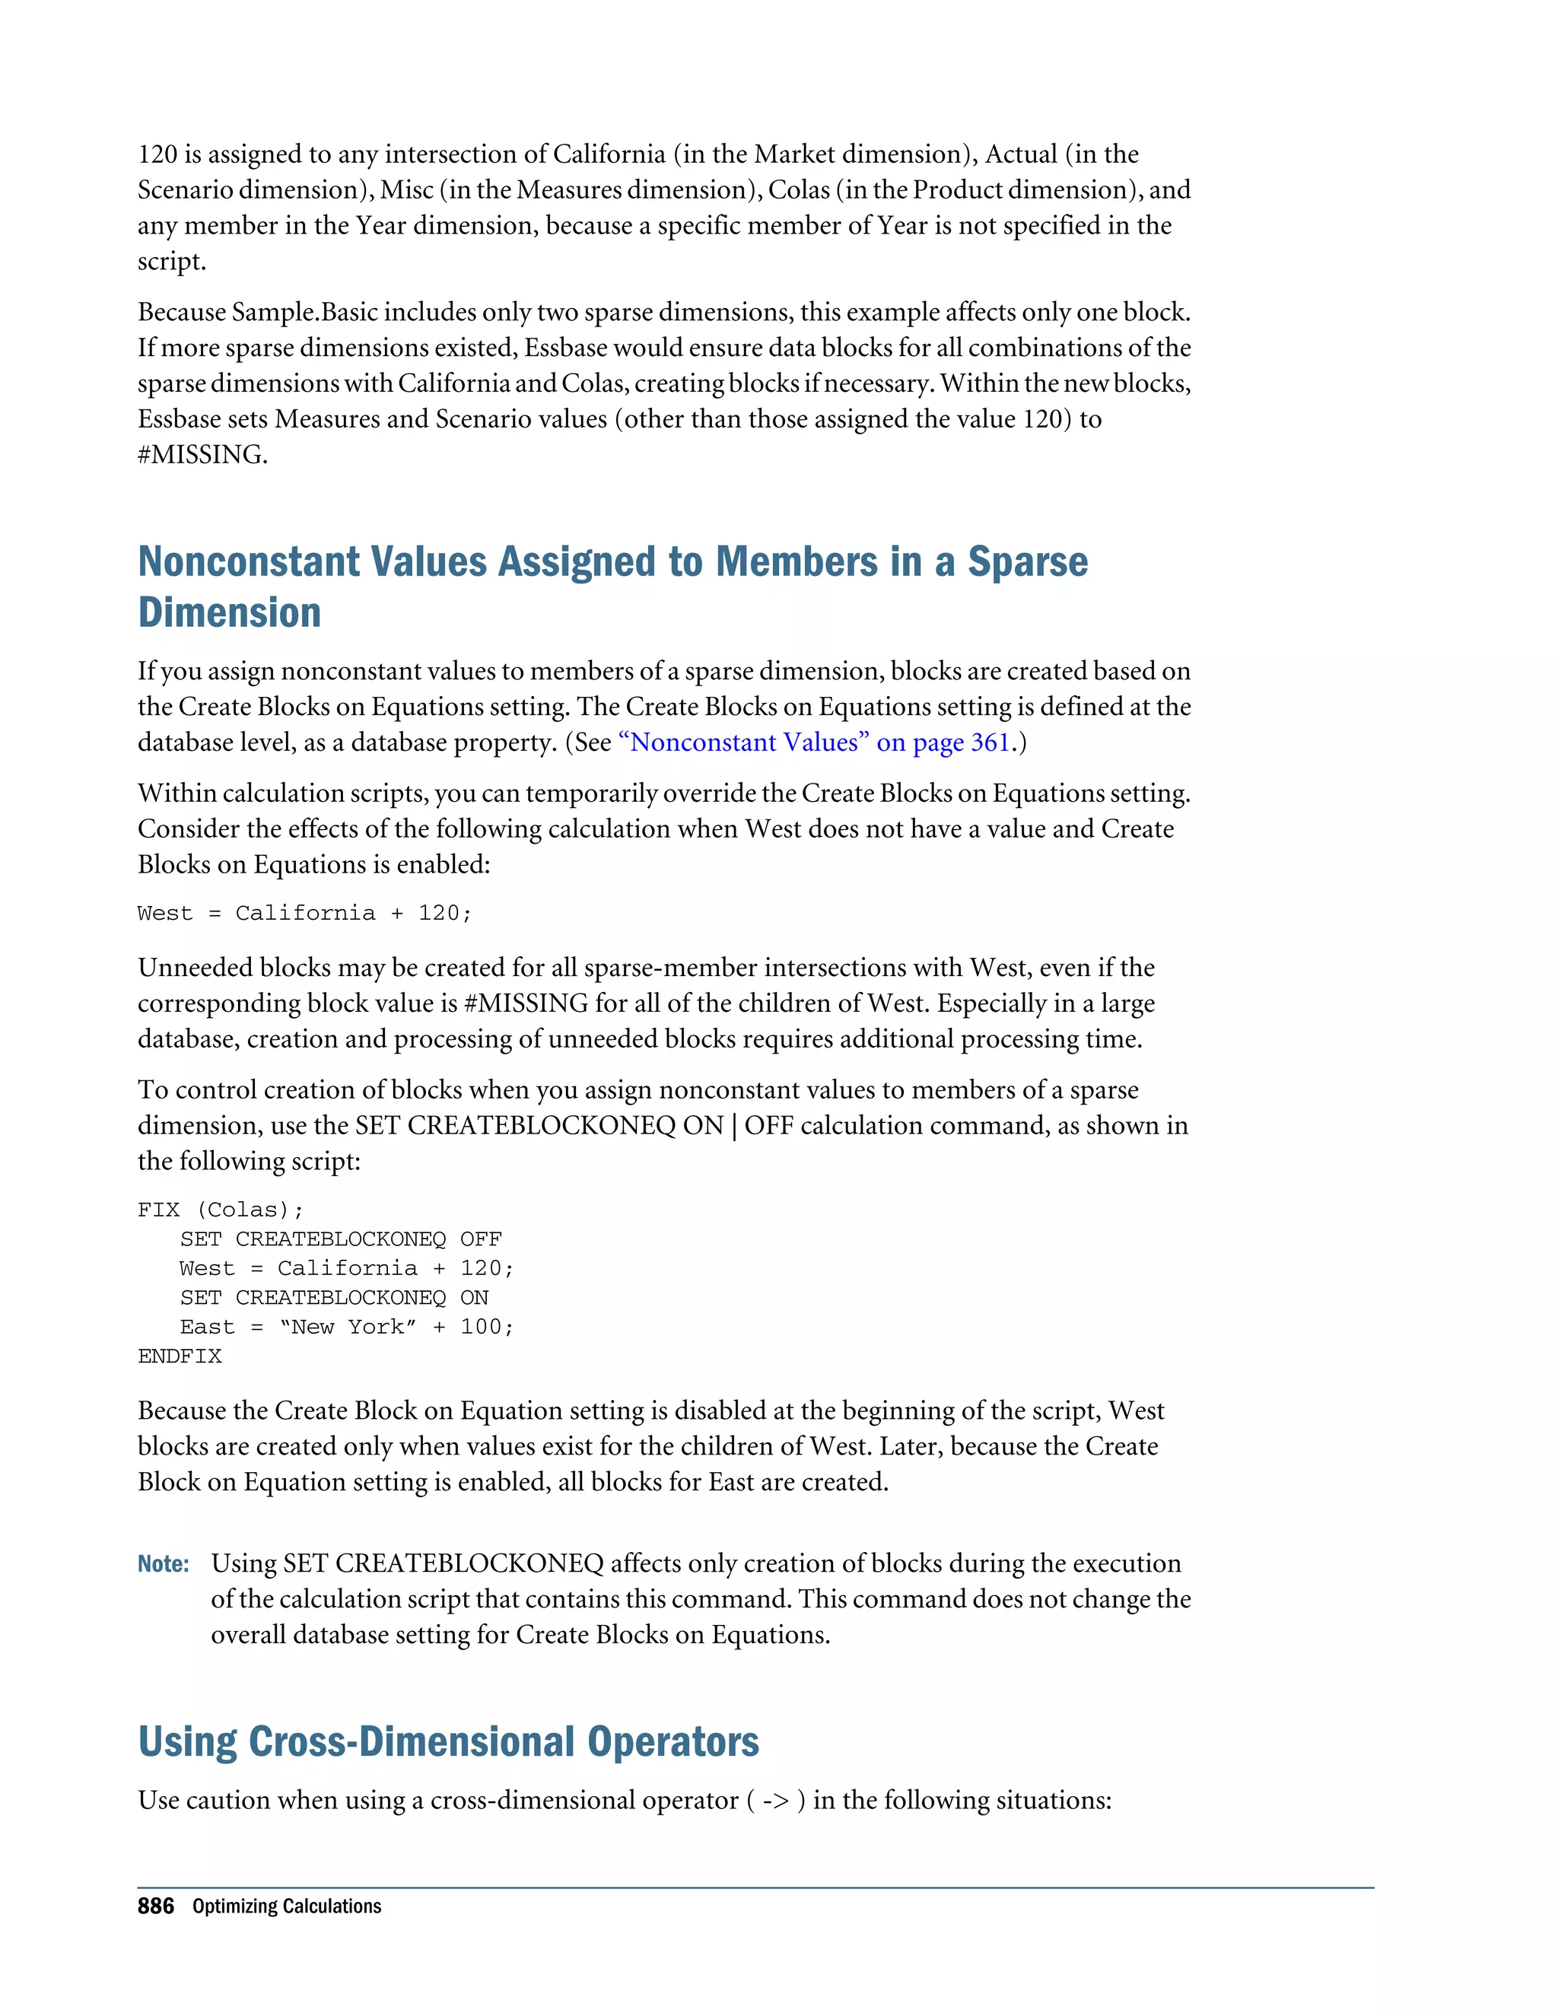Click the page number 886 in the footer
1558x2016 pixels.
pyautogui.click(x=155, y=1906)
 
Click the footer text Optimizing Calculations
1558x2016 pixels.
pyautogui.click(x=286, y=1906)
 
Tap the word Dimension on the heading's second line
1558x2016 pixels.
pyautogui.click(x=229, y=613)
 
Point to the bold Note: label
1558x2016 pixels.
pyautogui.click(x=164, y=1563)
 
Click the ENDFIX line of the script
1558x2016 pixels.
pyautogui.click(x=180, y=1356)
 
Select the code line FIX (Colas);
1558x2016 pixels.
pyautogui.click(x=220, y=1210)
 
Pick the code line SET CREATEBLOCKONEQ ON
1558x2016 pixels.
pyautogui.click(x=334, y=1298)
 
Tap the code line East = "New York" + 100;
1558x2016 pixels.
pyautogui.click(x=346, y=1328)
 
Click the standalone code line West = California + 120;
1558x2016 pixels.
pyautogui.click(x=304, y=914)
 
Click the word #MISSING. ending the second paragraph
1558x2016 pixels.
pyautogui.click(x=202, y=455)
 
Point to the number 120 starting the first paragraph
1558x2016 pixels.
pyautogui.click(x=157, y=154)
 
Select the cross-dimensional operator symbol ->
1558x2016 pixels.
pyautogui.click(x=775, y=1801)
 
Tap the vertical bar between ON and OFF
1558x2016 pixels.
pyautogui.click(x=735, y=1126)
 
